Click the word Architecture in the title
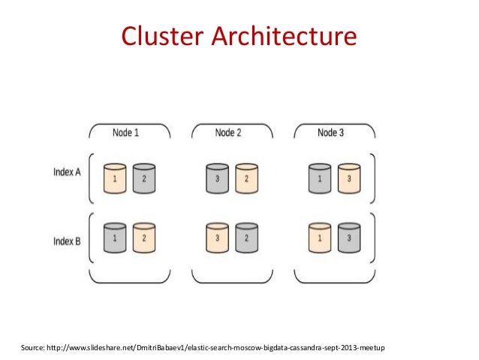285,35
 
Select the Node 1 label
125,133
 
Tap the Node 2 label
228,133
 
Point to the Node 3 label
331,133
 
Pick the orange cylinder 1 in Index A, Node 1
114,179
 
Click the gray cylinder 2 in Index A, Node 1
143,179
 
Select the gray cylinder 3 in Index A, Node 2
217,179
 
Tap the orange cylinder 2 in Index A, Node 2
246,179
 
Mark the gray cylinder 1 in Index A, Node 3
320,179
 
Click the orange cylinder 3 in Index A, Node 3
349,179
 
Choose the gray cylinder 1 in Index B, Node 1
114,237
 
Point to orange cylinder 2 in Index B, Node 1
143,237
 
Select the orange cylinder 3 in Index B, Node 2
217,237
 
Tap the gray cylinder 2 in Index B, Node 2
246,237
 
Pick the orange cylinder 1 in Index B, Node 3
320,237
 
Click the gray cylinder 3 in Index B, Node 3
349,237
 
